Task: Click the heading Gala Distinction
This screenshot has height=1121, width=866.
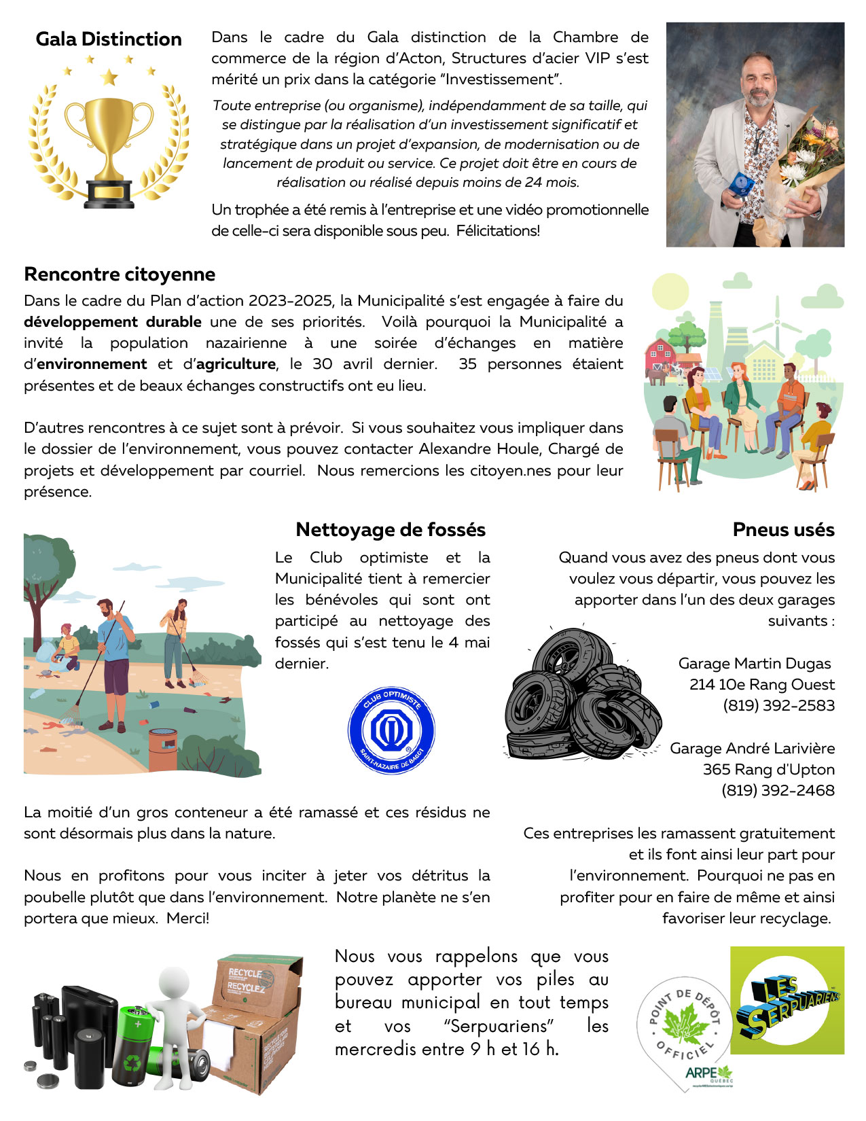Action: [109, 39]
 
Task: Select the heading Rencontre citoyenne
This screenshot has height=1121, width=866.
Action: [120, 274]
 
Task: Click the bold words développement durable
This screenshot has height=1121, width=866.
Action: [113, 322]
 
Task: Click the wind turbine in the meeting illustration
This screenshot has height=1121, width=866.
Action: [777, 327]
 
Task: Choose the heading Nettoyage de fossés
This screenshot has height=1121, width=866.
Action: [391, 530]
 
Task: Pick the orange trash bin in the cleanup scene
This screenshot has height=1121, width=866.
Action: [163, 750]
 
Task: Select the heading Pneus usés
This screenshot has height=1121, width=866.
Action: [783, 530]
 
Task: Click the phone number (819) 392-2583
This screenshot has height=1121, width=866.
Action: [778, 706]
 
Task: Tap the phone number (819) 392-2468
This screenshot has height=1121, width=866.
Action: [778, 791]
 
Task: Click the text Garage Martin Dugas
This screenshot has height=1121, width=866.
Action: [754, 664]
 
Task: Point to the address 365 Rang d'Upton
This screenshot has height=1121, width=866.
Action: [768, 770]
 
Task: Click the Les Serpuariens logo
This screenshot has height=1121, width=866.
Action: [787, 1000]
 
